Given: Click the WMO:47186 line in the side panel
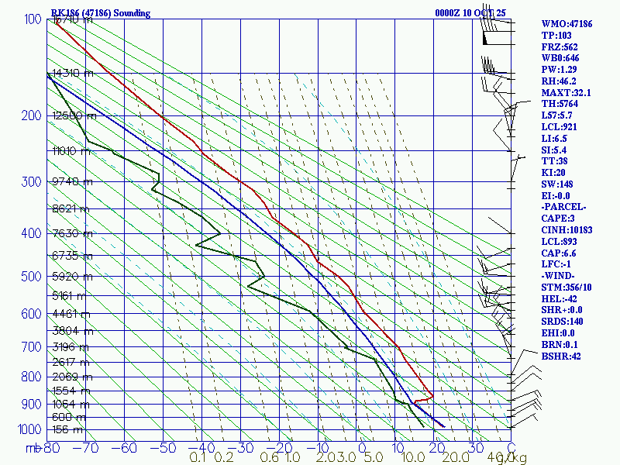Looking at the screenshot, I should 567,24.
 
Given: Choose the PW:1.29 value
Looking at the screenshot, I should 560,69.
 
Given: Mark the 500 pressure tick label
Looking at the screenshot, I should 30,277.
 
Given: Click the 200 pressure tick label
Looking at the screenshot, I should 30,116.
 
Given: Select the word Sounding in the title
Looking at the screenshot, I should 129,13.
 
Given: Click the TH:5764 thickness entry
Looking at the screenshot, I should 562,103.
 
